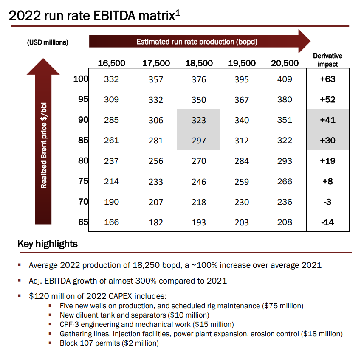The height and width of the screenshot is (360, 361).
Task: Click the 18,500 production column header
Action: [x=199, y=63]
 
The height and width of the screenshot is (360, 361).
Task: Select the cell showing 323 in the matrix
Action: [x=199, y=120]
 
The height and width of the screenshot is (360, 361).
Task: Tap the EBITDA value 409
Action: [x=285, y=79]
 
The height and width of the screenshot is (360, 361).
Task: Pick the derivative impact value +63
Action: [x=327, y=79]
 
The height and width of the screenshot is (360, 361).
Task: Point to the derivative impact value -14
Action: [x=327, y=222]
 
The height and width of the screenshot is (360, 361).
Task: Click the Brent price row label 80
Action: [x=82, y=160]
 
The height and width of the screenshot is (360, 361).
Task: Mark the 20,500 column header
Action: [x=285, y=63]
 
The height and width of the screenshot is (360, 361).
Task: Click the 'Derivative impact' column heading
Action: [x=327, y=60]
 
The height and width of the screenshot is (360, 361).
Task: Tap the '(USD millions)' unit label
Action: [x=48, y=42]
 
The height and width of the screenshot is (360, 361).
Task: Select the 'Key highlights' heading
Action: [x=48, y=244]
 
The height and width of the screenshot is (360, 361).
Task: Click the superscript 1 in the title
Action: [x=178, y=14]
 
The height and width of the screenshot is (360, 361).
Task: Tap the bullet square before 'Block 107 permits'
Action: [x=50, y=343]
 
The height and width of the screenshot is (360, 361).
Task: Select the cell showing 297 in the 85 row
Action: [x=199, y=141]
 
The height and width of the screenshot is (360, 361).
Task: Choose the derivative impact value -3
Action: [x=327, y=202]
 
